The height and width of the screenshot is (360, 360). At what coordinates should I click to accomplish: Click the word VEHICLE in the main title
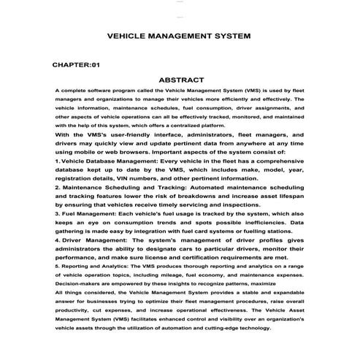click(x=126, y=35)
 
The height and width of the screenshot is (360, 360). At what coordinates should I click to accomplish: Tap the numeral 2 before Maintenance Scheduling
click(x=57, y=188)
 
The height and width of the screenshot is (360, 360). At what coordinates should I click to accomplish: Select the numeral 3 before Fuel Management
click(x=57, y=214)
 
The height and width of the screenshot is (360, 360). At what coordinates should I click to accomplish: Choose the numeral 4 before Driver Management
click(x=57, y=240)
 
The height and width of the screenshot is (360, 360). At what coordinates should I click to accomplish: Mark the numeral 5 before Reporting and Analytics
click(x=57, y=266)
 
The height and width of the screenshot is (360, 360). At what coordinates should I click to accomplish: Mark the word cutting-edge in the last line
click(x=226, y=328)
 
